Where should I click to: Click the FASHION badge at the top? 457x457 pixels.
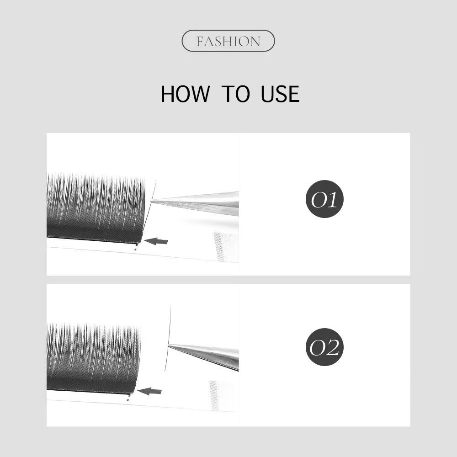point(228,41)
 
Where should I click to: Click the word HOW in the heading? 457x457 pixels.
point(185,94)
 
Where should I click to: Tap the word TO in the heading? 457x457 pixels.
point(235,94)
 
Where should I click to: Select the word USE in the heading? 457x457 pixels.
point(280,94)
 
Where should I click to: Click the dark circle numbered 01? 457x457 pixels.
point(324,199)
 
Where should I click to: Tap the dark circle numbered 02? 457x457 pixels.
point(324,347)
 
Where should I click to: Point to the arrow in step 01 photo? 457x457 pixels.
point(156,241)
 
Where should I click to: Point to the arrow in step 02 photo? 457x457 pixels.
point(149,391)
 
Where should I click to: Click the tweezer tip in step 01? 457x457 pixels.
point(151,201)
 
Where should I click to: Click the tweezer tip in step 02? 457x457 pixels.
point(169,345)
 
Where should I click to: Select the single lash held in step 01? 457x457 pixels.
point(149,212)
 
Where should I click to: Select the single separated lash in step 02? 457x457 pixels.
point(168,338)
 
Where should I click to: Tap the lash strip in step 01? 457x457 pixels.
point(96,208)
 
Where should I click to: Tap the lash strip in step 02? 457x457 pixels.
point(94,358)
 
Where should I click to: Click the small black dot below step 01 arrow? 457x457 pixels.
point(136,249)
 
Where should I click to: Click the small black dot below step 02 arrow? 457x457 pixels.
point(128,399)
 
